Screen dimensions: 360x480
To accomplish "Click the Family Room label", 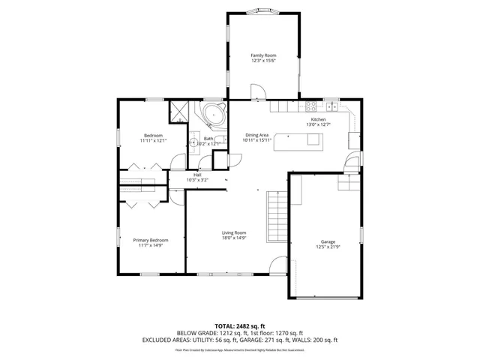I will (x=263, y=55).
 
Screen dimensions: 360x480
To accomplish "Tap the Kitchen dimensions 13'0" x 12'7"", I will (x=319, y=124).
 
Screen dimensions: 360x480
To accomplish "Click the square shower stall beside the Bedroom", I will (x=179, y=112).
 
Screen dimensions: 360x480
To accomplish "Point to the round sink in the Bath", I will (x=193, y=142).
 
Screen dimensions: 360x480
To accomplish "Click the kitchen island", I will (x=298, y=141).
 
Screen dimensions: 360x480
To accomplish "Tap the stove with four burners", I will (x=310, y=106).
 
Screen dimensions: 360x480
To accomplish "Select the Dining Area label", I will (x=256, y=135).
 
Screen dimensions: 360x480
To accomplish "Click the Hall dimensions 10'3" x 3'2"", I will (x=197, y=180).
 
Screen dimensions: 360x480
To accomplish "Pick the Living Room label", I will (x=234, y=232).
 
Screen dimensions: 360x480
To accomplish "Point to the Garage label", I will (x=328, y=241).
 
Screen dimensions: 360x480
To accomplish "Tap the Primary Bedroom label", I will (x=151, y=240).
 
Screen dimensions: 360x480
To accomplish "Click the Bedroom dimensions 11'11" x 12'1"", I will (x=153, y=140).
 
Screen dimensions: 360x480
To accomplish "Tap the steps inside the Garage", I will (x=349, y=181).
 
